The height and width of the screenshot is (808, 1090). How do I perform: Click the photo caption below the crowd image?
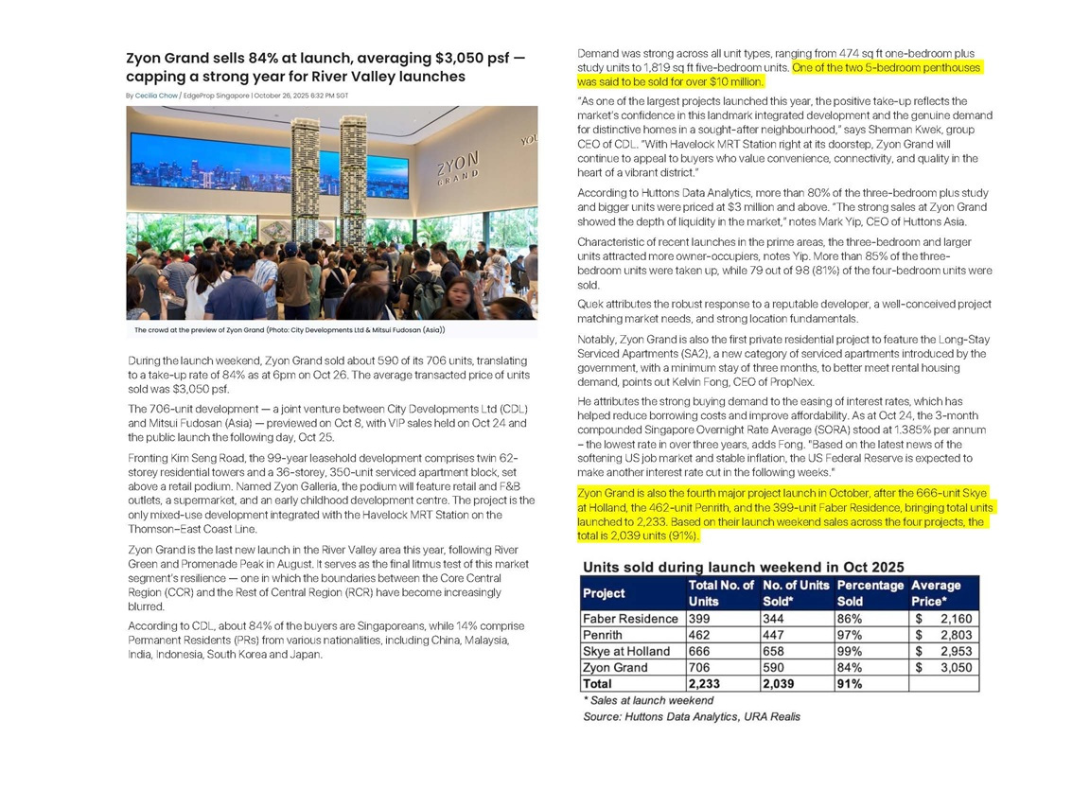click(290, 330)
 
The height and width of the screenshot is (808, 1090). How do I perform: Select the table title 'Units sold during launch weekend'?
click(743, 567)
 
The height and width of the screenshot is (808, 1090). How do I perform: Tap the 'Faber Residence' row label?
click(630, 619)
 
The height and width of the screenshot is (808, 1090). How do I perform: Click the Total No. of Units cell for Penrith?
click(704, 635)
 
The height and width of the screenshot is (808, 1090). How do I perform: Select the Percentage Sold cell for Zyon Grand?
click(850, 667)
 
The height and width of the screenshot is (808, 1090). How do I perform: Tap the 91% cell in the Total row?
click(850, 683)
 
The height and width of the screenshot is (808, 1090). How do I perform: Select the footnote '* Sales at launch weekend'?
click(648, 700)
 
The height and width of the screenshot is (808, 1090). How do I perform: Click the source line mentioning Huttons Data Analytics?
click(692, 716)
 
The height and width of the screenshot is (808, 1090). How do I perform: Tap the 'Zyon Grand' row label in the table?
click(615, 667)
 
